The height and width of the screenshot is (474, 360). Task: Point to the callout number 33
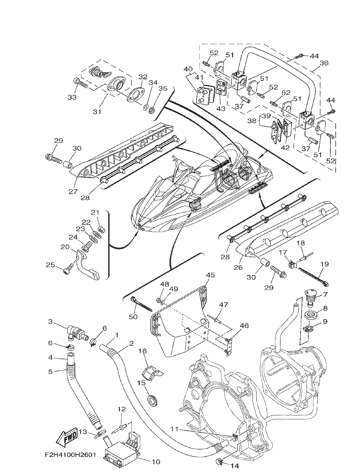[72, 97]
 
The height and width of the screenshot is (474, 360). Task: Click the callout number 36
[324, 63]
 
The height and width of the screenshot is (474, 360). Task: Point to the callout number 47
[224, 304]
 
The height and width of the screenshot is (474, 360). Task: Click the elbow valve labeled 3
[75, 332]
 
